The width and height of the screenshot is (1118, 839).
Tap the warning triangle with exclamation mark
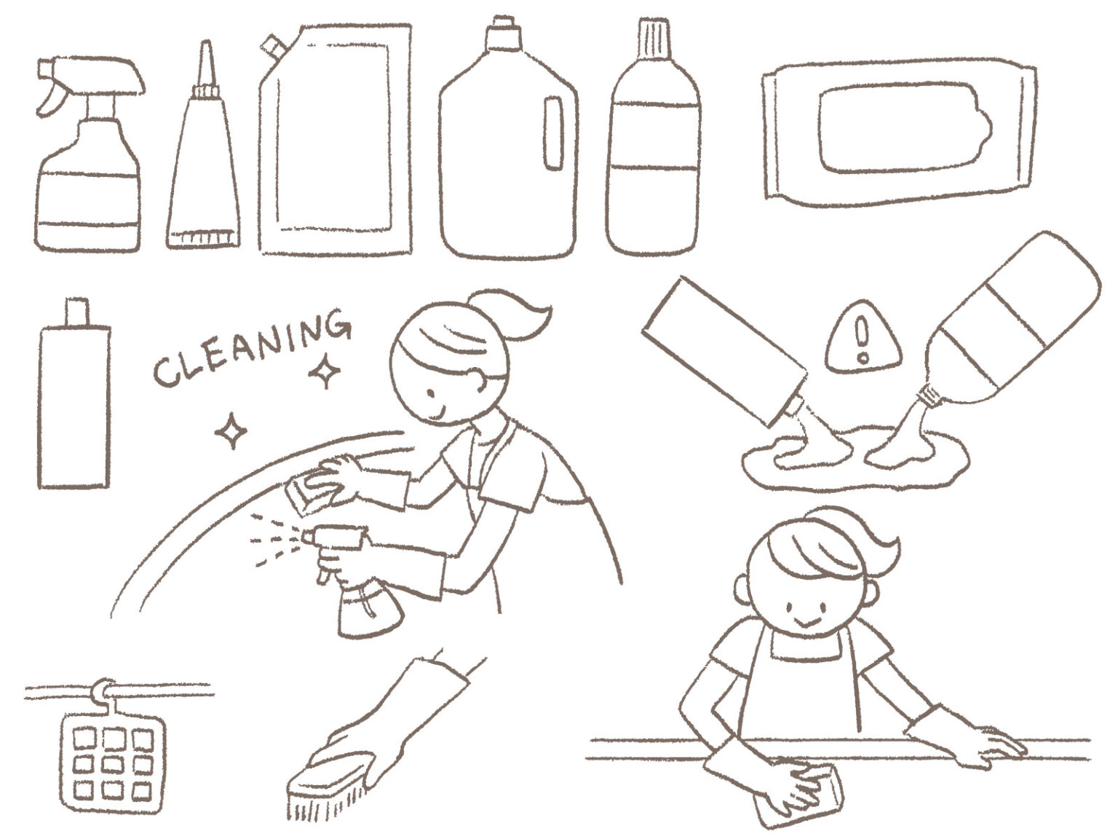click(863, 338)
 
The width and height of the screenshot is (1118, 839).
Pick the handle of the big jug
click(554, 133)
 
